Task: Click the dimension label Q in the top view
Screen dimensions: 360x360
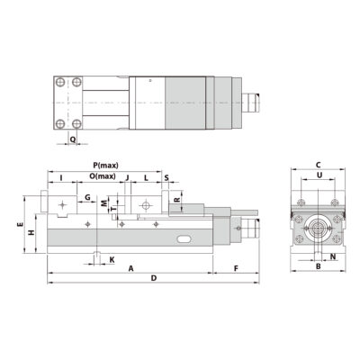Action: click(x=72, y=139)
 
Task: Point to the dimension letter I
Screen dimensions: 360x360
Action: click(x=61, y=178)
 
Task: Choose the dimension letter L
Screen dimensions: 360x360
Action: click(x=146, y=177)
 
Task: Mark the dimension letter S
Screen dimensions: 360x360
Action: click(x=166, y=177)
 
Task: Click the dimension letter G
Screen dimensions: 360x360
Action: click(x=86, y=195)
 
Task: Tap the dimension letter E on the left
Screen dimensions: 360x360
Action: click(x=20, y=224)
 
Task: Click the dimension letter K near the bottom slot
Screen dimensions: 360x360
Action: click(x=111, y=259)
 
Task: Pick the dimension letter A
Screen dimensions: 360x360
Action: click(x=130, y=268)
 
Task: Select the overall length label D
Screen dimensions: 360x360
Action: click(x=154, y=279)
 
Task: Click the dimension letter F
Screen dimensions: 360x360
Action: click(x=236, y=268)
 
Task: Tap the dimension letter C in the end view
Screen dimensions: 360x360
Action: click(x=318, y=165)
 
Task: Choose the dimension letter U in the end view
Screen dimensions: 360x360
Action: click(x=318, y=177)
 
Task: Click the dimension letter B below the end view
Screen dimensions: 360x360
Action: click(x=318, y=267)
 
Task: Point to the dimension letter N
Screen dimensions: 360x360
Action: click(x=333, y=257)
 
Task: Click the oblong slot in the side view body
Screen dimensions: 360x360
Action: click(x=184, y=239)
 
